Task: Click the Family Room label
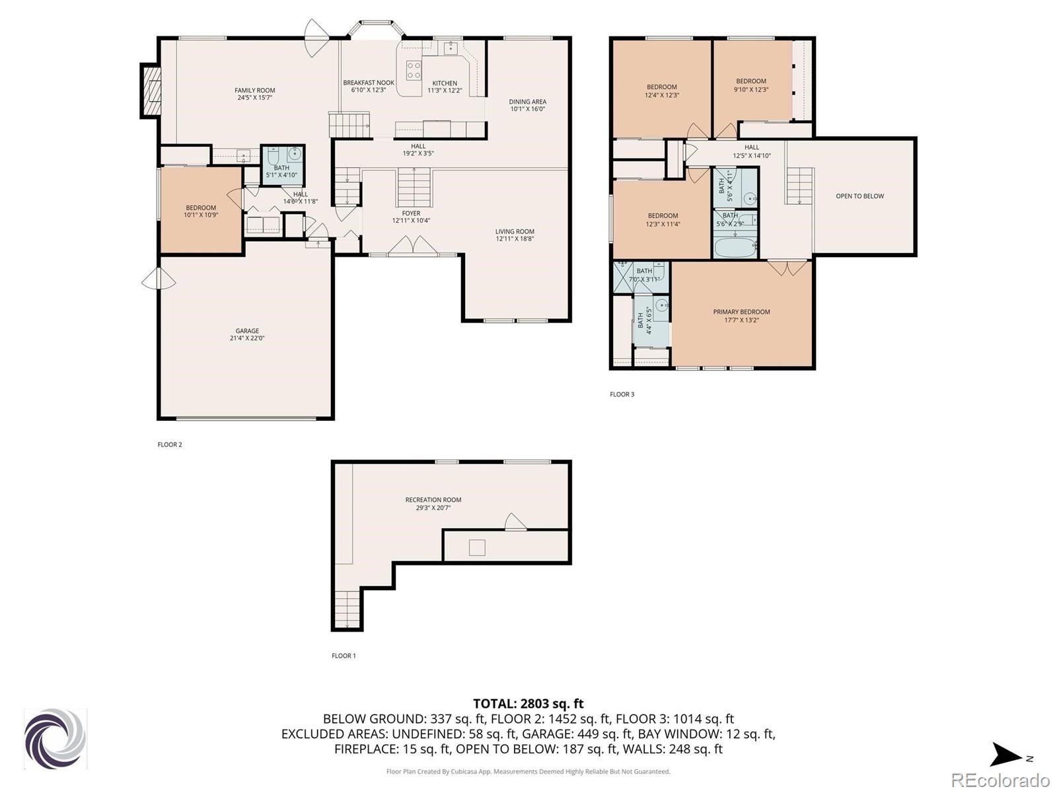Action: point(255,91)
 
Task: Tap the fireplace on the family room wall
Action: point(151,91)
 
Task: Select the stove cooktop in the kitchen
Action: point(414,69)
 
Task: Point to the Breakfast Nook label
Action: point(369,83)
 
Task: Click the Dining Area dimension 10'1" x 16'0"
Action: point(528,109)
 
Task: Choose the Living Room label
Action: point(515,231)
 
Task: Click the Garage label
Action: point(247,331)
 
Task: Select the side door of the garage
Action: point(159,279)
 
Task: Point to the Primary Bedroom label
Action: point(742,312)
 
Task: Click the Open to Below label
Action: point(860,196)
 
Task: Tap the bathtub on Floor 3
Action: point(735,247)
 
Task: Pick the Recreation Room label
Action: point(433,500)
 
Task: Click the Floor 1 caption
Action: point(344,656)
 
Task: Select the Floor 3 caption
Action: point(622,395)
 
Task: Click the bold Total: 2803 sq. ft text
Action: point(528,704)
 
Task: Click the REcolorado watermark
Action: point(1001,780)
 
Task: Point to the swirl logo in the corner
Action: point(55,739)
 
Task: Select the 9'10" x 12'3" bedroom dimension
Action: point(751,90)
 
